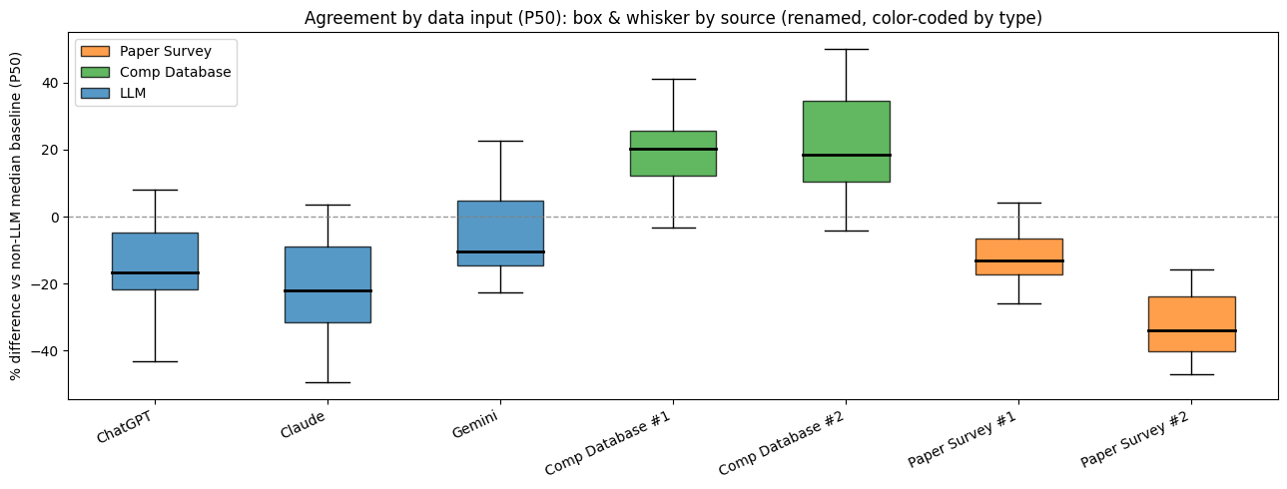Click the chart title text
pos(673,18)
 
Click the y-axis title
pos(17,216)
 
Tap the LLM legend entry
pos(147,94)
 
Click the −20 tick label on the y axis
pos(46,283)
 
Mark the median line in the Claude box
pos(327,290)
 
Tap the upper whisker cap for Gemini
pos(500,141)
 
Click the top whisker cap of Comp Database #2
pos(846,49)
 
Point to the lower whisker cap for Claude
pos(327,382)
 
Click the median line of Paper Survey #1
pos(1018,260)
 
